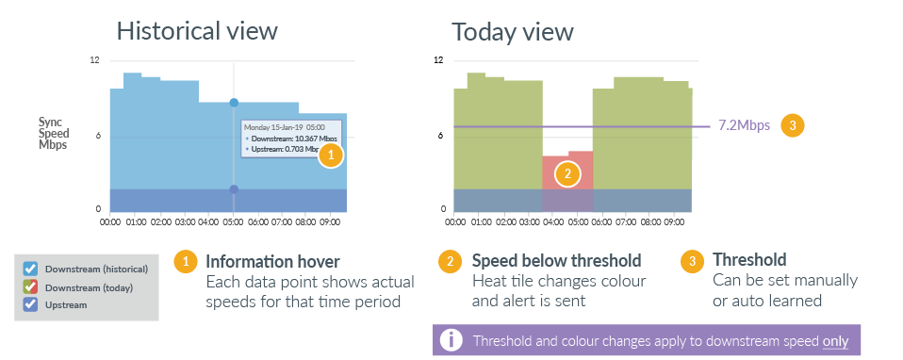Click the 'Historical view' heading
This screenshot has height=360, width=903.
point(197,30)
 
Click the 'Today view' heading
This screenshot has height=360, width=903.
point(513,31)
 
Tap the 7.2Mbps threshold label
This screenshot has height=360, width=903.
point(745,124)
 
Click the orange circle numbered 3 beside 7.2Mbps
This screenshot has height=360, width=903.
point(794,124)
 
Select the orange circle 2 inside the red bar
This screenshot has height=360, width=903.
point(566,173)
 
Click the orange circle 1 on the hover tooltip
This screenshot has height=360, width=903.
point(331,155)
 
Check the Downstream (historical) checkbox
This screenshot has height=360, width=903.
point(30,269)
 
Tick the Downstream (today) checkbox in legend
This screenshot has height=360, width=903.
point(30,286)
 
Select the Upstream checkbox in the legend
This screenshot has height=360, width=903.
point(30,304)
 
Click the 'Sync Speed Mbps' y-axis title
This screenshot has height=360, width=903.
point(52,135)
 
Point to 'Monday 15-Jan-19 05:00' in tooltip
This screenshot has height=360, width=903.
point(285,126)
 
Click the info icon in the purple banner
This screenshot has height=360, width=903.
point(452,339)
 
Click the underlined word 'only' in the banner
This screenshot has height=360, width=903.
point(835,340)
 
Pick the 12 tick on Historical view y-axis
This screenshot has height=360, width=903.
point(94,60)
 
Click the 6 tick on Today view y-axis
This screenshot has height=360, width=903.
point(440,136)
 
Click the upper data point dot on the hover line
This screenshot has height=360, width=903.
point(234,102)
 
